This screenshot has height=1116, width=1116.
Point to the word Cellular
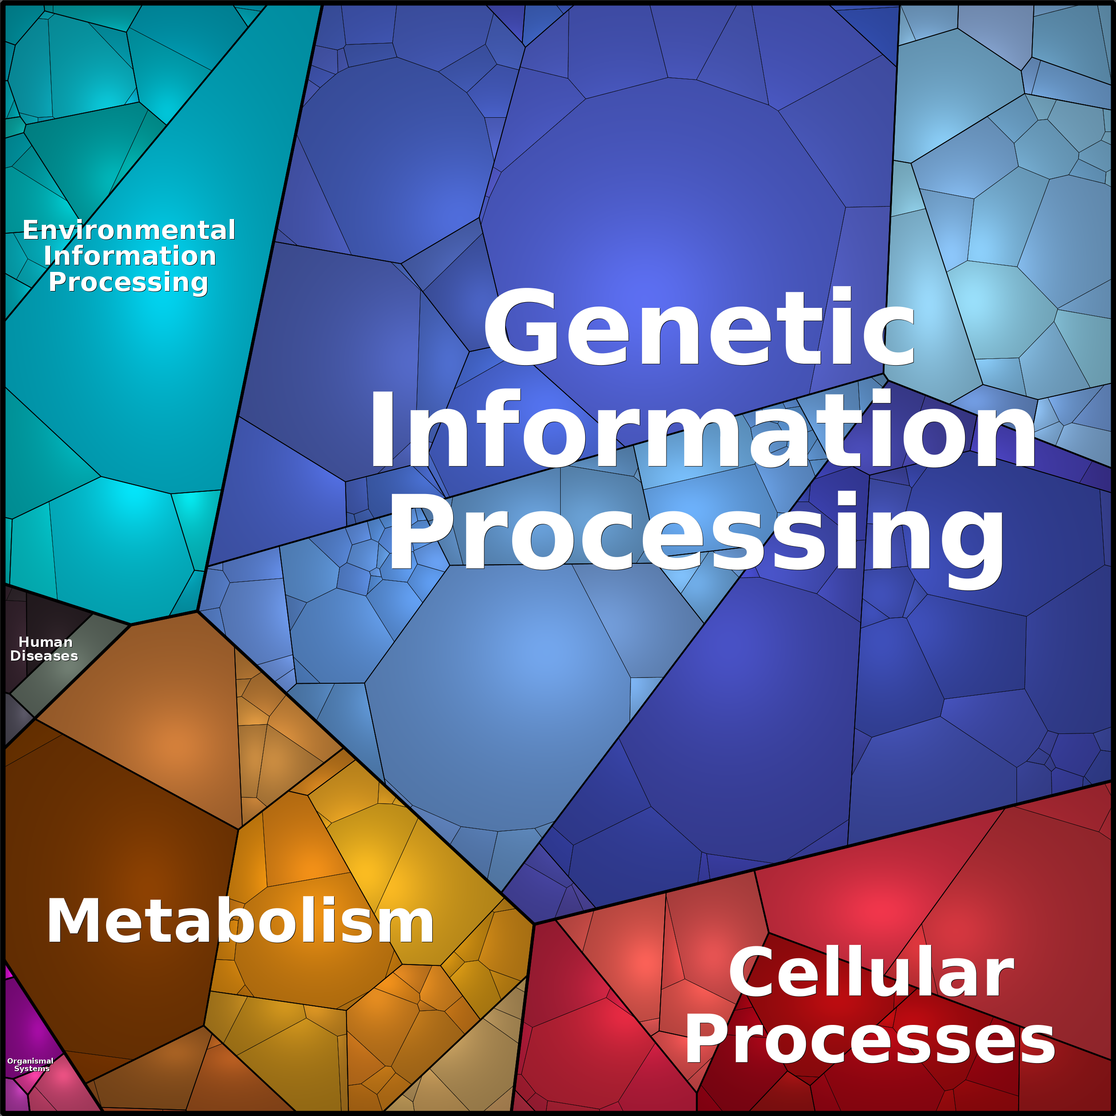pyautogui.click(x=871, y=973)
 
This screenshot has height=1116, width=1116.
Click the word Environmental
pyautogui.click(x=129, y=230)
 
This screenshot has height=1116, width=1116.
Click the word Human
pyautogui.click(x=46, y=642)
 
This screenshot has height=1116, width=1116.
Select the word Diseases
pyautogui.click(x=44, y=656)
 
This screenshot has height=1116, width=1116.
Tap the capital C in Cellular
pyautogui.click(x=753, y=973)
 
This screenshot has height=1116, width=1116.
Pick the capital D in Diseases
pyautogui.click(x=16, y=656)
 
